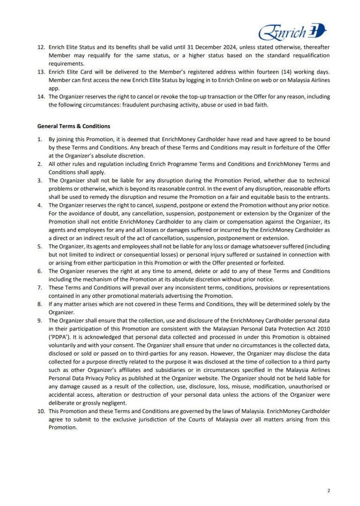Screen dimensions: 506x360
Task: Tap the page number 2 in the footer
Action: pos(328,491)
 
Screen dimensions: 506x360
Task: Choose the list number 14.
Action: pos(41,97)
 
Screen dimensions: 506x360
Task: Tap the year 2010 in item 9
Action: pos(323,328)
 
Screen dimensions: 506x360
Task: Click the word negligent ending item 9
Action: pos(113,402)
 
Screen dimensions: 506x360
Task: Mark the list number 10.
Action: pos(41,411)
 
